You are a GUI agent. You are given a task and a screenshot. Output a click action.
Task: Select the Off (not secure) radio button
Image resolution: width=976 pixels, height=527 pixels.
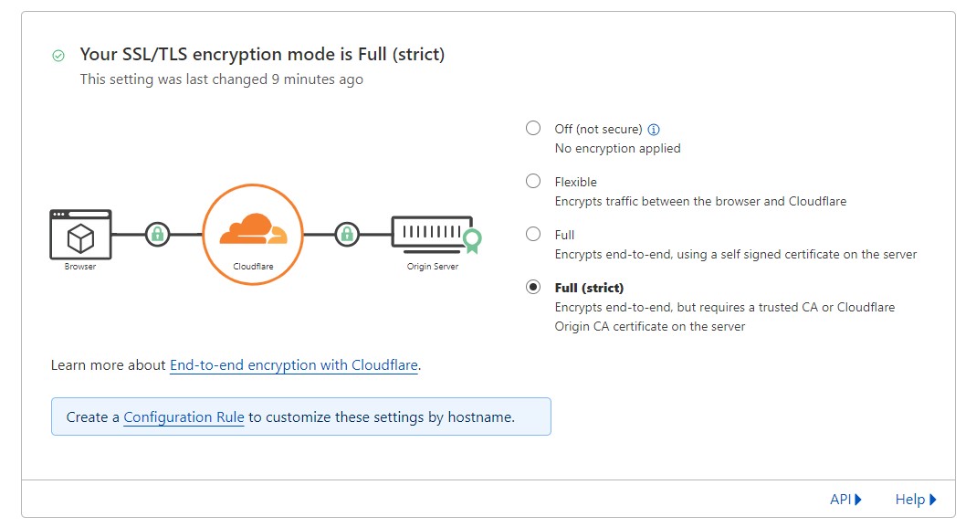tap(533, 128)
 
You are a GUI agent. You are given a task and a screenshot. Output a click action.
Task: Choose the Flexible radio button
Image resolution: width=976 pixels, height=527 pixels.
tap(533, 181)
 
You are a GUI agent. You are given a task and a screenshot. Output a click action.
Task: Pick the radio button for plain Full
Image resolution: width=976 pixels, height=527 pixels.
tap(533, 234)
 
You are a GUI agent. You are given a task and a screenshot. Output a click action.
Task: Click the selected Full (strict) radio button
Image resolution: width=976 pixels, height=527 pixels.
tap(533, 287)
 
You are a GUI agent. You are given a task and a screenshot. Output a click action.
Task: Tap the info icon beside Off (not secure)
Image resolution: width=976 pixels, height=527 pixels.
tap(654, 129)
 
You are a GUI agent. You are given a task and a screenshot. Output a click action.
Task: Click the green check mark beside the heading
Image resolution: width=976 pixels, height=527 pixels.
tap(58, 56)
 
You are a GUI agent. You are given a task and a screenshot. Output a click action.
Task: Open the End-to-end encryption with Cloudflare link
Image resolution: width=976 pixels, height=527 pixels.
tap(294, 365)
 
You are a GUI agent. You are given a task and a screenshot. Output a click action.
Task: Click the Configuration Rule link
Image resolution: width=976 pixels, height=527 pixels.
tap(184, 417)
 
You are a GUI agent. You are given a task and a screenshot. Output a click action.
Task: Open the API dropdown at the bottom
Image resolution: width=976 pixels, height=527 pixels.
tap(845, 499)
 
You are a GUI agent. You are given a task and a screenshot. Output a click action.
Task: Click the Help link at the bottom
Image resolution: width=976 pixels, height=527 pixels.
tap(916, 499)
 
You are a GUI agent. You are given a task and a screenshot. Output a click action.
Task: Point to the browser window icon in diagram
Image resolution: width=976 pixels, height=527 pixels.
tap(80, 234)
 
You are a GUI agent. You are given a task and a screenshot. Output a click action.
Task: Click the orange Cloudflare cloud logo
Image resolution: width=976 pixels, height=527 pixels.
tap(253, 230)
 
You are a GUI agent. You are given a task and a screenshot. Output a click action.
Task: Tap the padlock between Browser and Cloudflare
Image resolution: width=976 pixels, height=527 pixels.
tap(157, 234)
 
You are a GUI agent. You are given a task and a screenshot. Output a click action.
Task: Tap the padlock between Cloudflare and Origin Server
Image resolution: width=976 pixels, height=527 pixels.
tap(346, 234)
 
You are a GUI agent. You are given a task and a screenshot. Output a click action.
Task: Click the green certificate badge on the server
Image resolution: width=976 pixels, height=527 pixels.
tap(472, 240)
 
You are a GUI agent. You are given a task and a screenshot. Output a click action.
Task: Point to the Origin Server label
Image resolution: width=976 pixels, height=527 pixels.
tap(433, 267)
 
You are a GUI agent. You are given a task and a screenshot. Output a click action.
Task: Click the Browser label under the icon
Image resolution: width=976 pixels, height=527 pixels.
tap(80, 267)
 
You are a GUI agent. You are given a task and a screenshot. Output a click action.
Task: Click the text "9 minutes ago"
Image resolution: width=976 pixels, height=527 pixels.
tap(317, 79)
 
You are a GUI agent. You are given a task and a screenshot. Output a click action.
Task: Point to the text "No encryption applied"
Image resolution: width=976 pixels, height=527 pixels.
tap(617, 148)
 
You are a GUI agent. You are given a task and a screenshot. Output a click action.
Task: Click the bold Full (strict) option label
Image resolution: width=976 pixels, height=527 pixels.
tap(589, 288)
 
